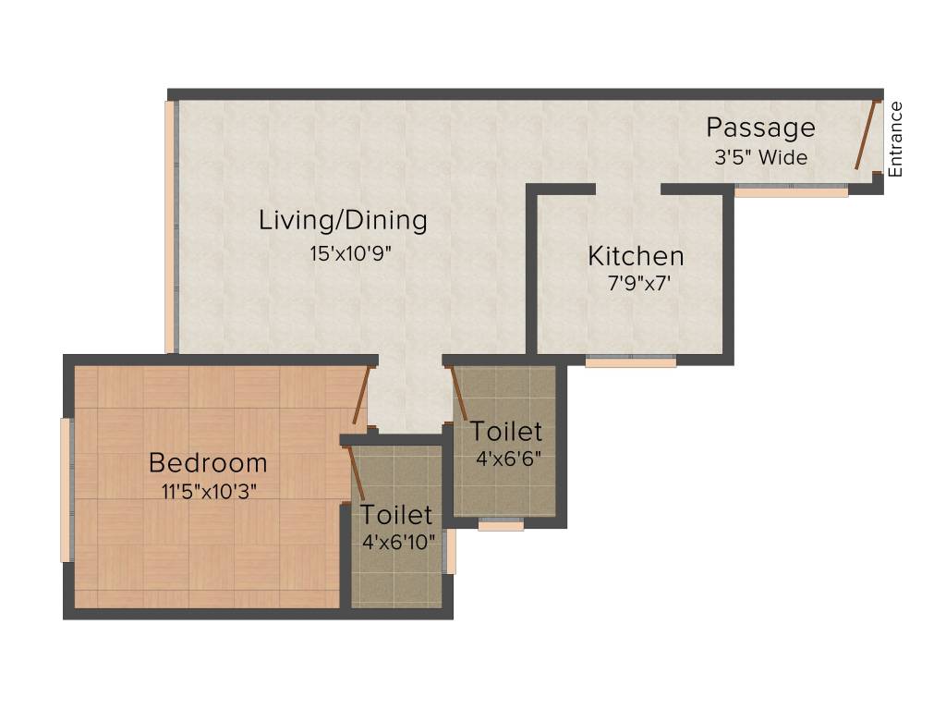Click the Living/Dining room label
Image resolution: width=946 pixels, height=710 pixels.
click(x=343, y=221)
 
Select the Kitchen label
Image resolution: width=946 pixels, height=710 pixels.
click(x=636, y=256)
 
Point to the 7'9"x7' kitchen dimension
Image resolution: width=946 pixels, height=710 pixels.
click(x=637, y=284)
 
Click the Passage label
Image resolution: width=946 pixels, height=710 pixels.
click(x=760, y=128)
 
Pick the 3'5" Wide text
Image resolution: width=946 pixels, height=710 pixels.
click(x=760, y=157)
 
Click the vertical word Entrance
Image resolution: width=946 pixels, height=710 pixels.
click(x=894, y=139)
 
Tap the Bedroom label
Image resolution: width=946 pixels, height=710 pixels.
click(x=208, y=462)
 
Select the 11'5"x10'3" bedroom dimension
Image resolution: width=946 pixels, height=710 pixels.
click(x=209, y=491)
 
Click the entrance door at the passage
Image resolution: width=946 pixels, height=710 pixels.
click(x=866, y=135)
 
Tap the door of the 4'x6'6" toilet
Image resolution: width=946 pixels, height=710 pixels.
click(x=457, y=394)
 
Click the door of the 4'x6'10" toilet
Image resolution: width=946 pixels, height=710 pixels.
click(x=355, y=474)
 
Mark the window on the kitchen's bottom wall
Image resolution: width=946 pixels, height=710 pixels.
click(x=631, y=362)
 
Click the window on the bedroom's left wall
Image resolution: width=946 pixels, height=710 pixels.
click(x=66, y=490)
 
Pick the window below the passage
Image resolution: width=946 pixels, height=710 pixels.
click(x=792, y=192)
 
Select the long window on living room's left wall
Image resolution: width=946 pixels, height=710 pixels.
click(x=170, y=226)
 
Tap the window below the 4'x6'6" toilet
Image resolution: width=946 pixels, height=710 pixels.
click(x=501, y=525)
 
